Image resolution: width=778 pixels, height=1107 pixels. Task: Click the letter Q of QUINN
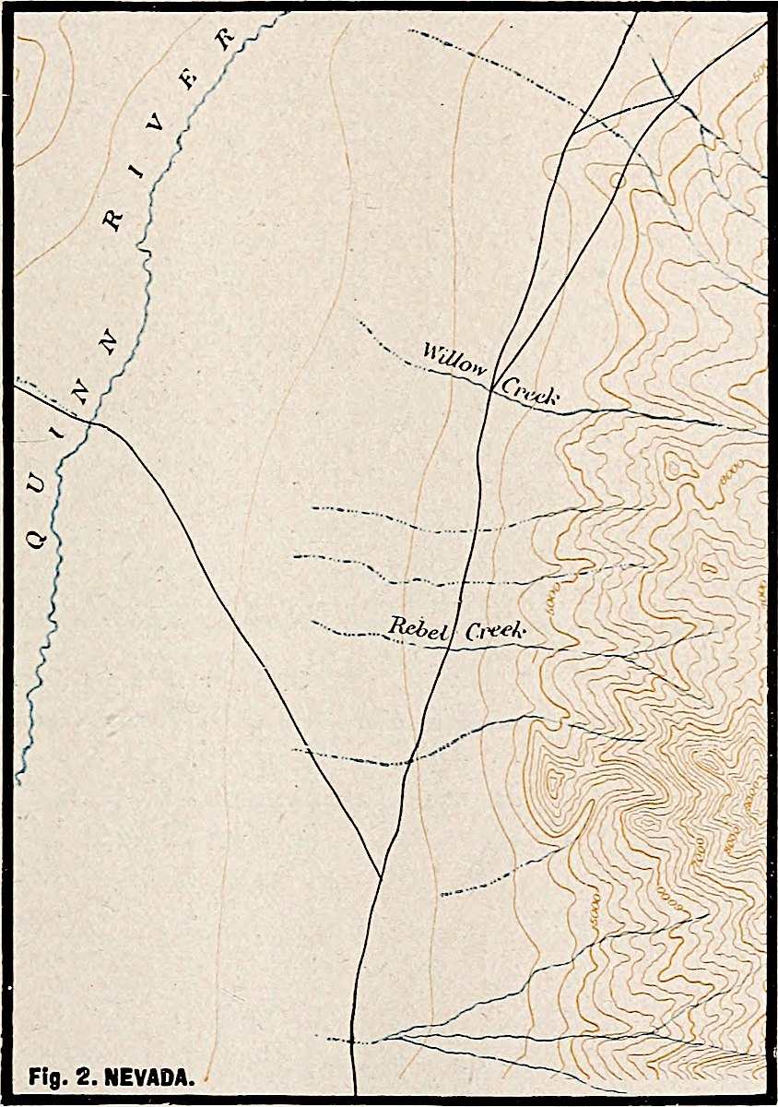(x=36, y=540)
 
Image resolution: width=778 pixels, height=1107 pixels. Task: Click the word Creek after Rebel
(x=494, y=632)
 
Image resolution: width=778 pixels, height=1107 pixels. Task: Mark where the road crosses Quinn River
(x=91, y=422)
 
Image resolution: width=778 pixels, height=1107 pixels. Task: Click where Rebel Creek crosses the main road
(x=448, y=645)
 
